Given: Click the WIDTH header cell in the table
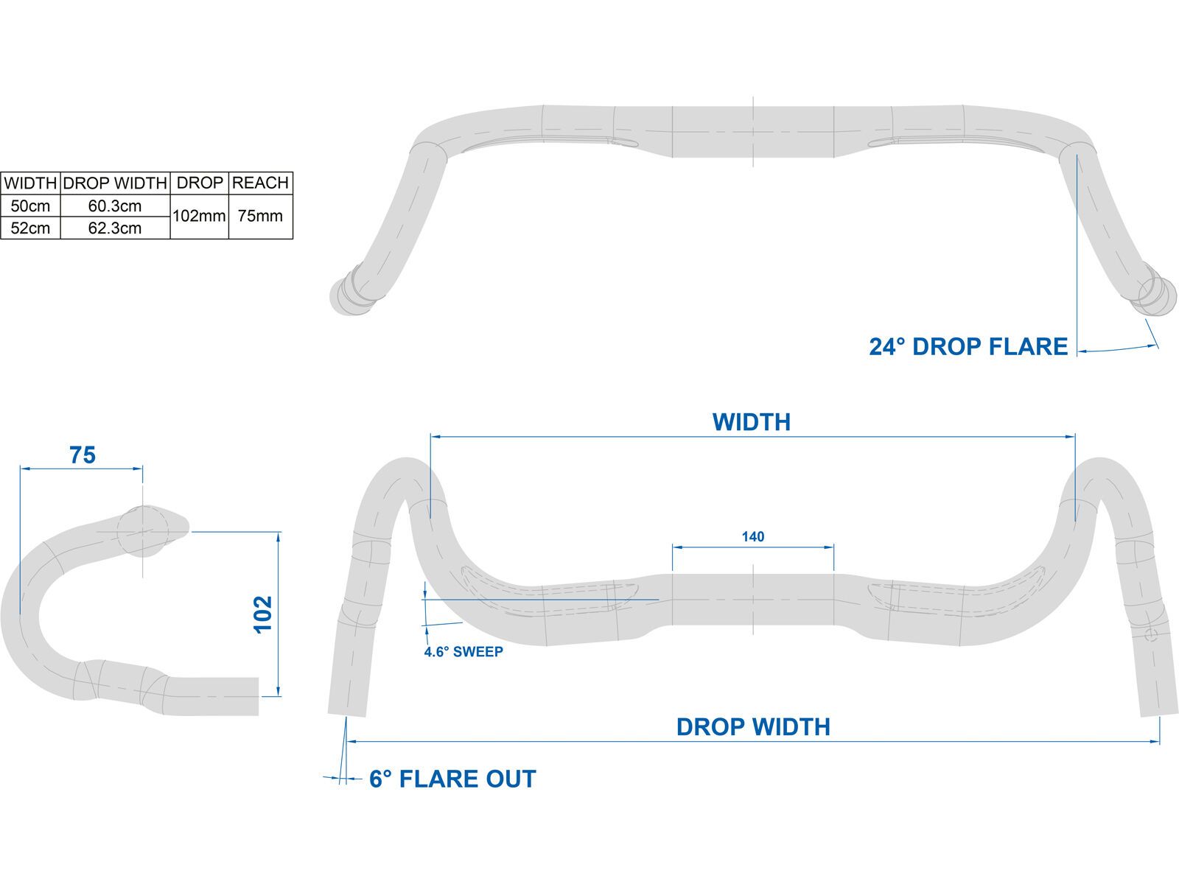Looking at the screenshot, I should (x=30, y=183).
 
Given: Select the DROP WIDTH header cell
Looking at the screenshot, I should (x=115, y=183).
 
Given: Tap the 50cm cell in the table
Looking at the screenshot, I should (x=30, y=206).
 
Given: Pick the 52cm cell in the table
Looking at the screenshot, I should (x=30, y=228).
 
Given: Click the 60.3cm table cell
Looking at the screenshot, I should (x=115, y=206).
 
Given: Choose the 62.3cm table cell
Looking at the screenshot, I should (x=115, y=228).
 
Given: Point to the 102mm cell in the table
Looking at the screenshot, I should (x=199, y=217).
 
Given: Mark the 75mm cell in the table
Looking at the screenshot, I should (x=260, y=217).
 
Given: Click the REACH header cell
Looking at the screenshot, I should (x=260, y=183).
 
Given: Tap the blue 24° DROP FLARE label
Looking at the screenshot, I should (x=968, y=347).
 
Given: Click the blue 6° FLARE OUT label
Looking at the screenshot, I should (x=452, y=779).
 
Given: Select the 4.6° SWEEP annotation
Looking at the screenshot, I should (x=463, y=652).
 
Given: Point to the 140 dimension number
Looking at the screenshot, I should (x=752, y=537).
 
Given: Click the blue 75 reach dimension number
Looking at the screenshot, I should (x=83, y=456).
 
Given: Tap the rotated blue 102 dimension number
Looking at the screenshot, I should (x=263, y=614).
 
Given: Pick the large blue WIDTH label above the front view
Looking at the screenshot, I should (x=751, y=422).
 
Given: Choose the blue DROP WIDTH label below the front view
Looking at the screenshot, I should (x=753, y=727).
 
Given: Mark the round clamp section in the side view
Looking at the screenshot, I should (x=143, y=530).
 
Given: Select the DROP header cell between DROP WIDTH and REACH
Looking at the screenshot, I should (x=200, y=183).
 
